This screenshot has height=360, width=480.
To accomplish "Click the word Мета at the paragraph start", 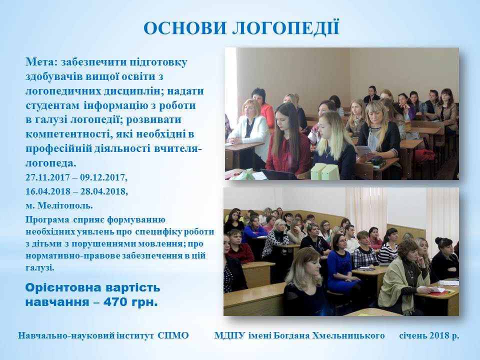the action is (x=39, y=62).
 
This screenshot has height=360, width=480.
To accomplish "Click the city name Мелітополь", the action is (x=65, y=205).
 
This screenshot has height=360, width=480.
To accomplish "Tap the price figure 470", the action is (x=115, y=302).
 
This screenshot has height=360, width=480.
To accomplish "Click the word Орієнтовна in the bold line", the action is (x=63, y=288).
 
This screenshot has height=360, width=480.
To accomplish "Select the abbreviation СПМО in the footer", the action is (x=173, y=335).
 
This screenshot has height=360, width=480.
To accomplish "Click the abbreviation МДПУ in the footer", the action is (x=229, y=335).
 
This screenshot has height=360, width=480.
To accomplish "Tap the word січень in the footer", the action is (x=413, y=335).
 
